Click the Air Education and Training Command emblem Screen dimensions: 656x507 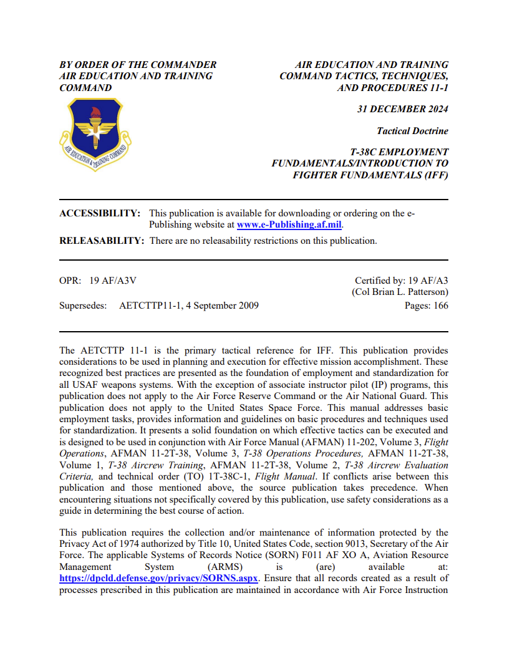(94, 134)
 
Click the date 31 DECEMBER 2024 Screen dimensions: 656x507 (402, 109)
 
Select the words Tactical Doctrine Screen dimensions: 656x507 (412, 131)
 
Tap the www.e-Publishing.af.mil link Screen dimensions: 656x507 (290, 224)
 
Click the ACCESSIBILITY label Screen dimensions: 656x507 (100, 213)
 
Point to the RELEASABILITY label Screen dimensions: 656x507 (102, 241)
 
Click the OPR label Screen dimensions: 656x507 (69, 281)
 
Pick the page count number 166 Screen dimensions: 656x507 (440, 306)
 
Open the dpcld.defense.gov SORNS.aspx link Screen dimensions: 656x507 (159, 578)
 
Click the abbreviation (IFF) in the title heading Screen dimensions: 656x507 (433, 175)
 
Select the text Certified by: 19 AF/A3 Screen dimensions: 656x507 (401, 281)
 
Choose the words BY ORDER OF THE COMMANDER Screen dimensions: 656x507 (138, 65)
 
